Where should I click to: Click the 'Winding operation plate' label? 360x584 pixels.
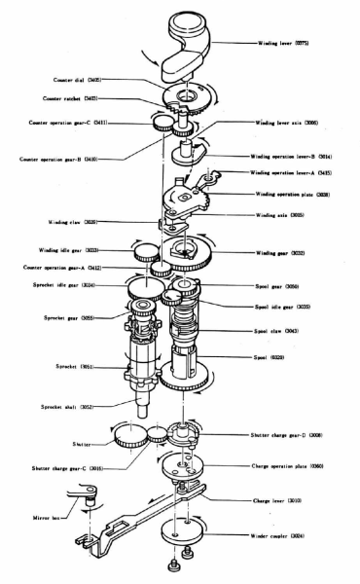(x=292, y=195)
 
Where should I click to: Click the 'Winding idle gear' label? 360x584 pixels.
(x=74, y=249)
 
